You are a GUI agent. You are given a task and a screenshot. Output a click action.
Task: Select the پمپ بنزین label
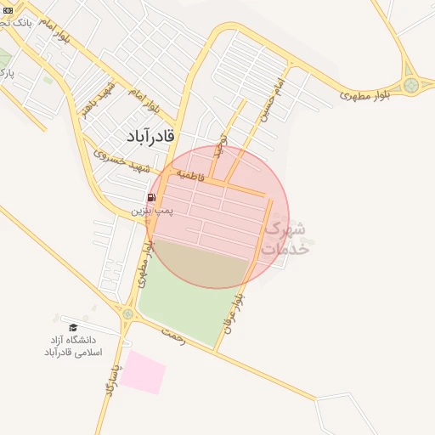153,208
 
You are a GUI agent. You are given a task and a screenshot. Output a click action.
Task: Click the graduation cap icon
73,327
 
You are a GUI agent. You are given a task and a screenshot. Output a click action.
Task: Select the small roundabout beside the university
128,315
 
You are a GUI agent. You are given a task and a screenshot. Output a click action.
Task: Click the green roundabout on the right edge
413,84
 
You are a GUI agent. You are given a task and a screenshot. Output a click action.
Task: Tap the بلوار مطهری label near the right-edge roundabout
369,94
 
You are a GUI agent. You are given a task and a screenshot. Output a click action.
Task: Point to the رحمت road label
173,336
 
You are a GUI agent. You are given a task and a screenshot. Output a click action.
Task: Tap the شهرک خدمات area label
285,239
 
